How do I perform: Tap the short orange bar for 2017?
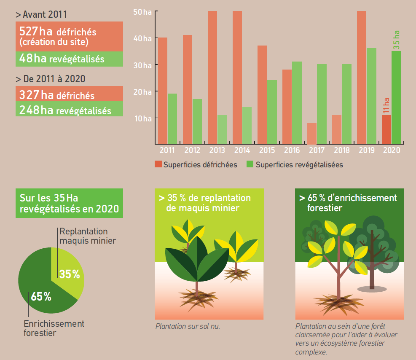pos(312,133)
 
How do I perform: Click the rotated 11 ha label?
pos(386,105)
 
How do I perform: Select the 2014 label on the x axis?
pos(242,150)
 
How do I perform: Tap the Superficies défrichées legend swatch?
pos(158,164)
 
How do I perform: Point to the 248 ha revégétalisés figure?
pos(65,110)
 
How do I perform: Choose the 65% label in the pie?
pos(41,296)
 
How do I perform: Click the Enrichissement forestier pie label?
pos(54,328)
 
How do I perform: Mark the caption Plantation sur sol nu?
pos(188,326)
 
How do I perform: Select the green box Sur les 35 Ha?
pos(69,203)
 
